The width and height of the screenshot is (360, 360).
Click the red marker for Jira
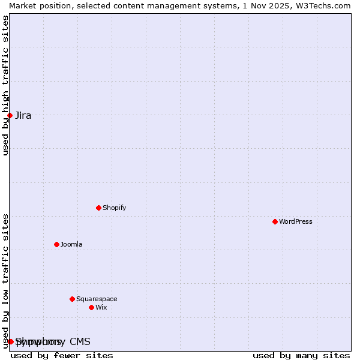[10, 115]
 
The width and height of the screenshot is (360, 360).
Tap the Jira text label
[23, 116]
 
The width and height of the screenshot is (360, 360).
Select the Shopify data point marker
[98, 208]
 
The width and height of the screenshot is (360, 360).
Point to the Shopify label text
[114, 208]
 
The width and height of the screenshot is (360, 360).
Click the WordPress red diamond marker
[275, 221]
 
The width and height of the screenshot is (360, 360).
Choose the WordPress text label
[295, 222]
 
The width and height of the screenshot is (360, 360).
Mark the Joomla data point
[56, 244]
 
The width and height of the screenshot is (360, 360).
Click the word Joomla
[71, 245]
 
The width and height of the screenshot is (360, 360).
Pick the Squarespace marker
[72, 299]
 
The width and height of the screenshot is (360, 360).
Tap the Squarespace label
[97, 299]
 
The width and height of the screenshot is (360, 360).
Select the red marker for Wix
[91, 307]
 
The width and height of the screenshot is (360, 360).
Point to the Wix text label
[101, 308]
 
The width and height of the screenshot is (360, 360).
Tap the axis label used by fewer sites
[62, 355]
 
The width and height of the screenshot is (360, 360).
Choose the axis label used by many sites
[301, 355]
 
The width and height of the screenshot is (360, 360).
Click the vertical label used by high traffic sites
[5, 85]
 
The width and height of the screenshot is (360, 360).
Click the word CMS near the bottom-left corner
[80, 342]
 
